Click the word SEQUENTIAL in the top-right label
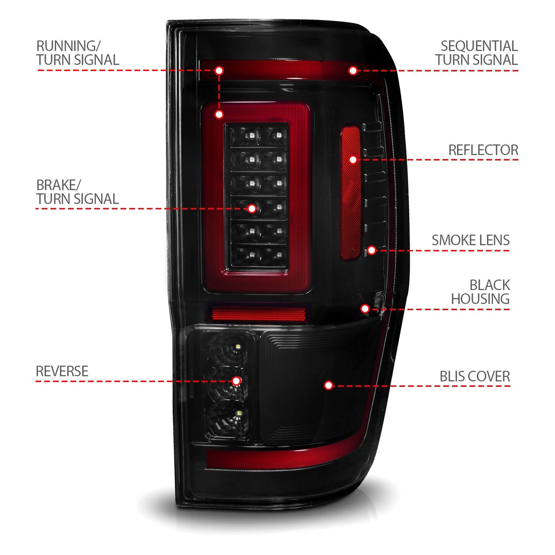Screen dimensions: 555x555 (x=479, y=46)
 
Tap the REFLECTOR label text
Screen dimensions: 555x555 (x=483, y=150)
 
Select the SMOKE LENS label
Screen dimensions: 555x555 (x=471, y=240)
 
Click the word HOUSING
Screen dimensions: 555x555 (x=480, y=299)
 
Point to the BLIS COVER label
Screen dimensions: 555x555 (x=475, y=376)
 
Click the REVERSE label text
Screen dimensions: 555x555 (x=62, y=371)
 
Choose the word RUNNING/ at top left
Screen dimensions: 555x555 (x=68, y=46)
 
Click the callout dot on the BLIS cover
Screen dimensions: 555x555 (x=328, y=386)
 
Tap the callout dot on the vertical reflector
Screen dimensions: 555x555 (x=353, y=159)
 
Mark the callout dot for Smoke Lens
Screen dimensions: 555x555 (x=372, y=250)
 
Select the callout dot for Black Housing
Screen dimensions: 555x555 (x=365, y=309)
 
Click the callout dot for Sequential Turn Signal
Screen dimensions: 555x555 (x=353, y=70)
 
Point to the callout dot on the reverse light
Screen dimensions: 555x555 (x=236, y=381)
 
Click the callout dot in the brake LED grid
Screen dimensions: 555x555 (x=252, y=208)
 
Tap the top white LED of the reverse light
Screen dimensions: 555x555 (x=237, y=346)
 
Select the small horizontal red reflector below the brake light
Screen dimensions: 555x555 (x=259, y=314)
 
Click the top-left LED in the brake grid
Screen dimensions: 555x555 (x=252, y=135)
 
